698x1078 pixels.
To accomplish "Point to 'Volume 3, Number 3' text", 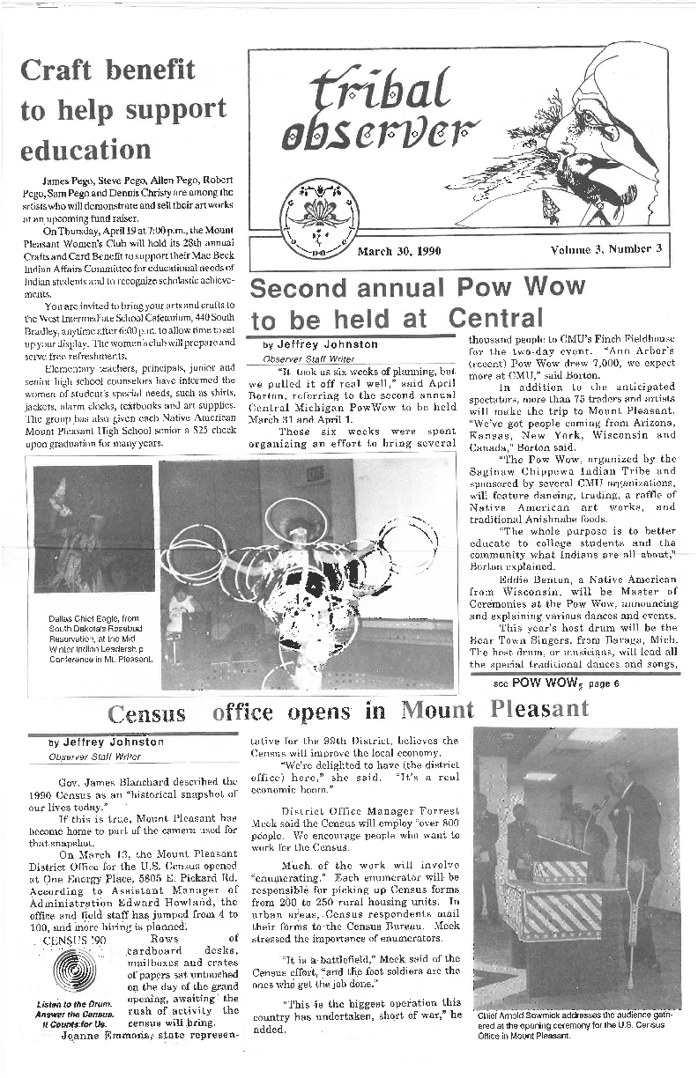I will coord(605,250).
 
